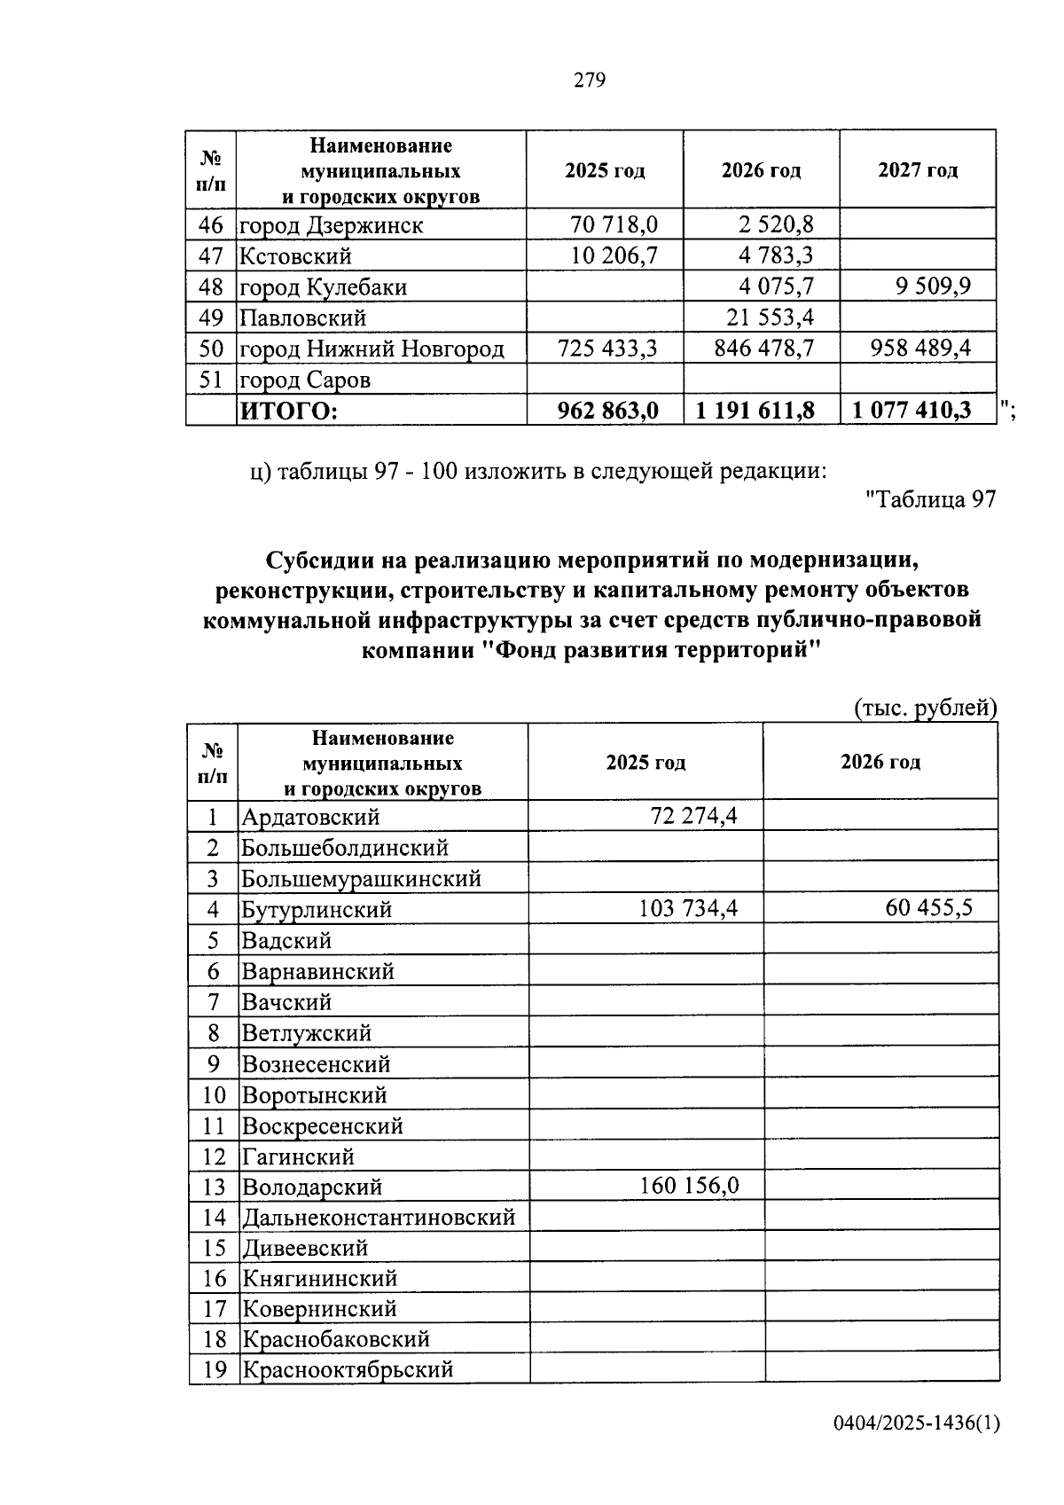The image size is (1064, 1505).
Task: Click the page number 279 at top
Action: point(589,81)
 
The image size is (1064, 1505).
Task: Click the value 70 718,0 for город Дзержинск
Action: point(614,224)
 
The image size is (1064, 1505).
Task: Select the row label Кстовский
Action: point(295,256)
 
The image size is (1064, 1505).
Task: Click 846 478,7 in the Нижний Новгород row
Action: point(763,348)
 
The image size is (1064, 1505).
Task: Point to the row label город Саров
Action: point(305,380)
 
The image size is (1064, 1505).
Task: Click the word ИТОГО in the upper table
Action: point(288,411)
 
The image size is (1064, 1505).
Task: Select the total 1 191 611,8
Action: point(755,411)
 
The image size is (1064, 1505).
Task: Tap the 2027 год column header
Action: point(917,170)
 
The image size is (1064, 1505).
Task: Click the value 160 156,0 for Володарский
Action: point(688,1186)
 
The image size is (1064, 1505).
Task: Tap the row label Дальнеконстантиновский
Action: point(379,1217)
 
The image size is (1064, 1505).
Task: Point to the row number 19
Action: point(215,1369)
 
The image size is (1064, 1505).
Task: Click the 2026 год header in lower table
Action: point(880,762)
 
